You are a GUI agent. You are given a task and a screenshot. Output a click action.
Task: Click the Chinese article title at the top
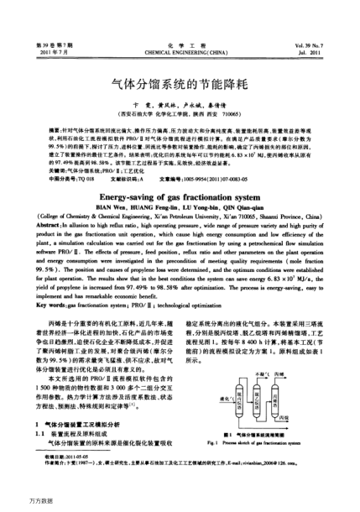click(x=180, y=86)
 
